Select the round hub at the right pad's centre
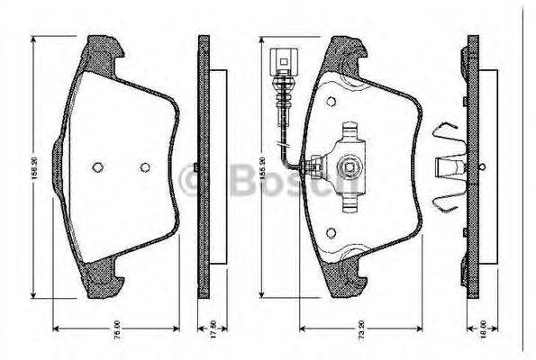pyautogui.click(x=350, y=166)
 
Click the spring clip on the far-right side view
pyautogui.click(x=447, y=166)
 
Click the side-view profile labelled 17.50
pyautogui.click(x=204, y=166)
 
